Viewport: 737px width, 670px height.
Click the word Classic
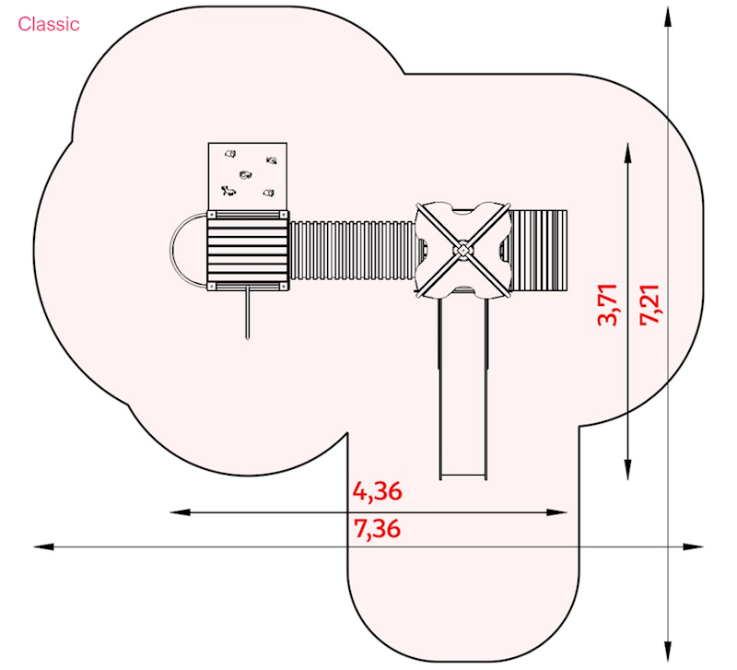point(49,24)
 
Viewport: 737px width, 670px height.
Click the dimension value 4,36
point(378,491)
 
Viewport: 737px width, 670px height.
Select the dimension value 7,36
point(378,529)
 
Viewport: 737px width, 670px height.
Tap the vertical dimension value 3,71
point(607,305)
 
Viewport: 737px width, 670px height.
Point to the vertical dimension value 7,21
point(650,305)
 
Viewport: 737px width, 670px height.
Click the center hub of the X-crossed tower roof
point(462,251)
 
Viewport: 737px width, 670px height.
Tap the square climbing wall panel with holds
point(248,176)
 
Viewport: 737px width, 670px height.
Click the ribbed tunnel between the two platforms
point(352,250)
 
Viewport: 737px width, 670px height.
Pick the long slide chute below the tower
point(463,388)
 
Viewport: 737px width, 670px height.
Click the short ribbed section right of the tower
point(539,250)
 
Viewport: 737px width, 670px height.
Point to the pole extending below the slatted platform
point(248,313)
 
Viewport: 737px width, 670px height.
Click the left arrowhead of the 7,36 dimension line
point(43,547)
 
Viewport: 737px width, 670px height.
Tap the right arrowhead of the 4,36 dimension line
point(557,512)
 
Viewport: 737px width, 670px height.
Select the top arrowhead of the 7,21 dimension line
point(668,17)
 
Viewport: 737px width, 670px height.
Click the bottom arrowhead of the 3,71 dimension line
point(628,469)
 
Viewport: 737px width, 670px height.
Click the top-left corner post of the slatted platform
point(212,215)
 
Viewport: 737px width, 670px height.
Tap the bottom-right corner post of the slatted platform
point(284,287)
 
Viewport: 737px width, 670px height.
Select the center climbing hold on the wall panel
point(245,175)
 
